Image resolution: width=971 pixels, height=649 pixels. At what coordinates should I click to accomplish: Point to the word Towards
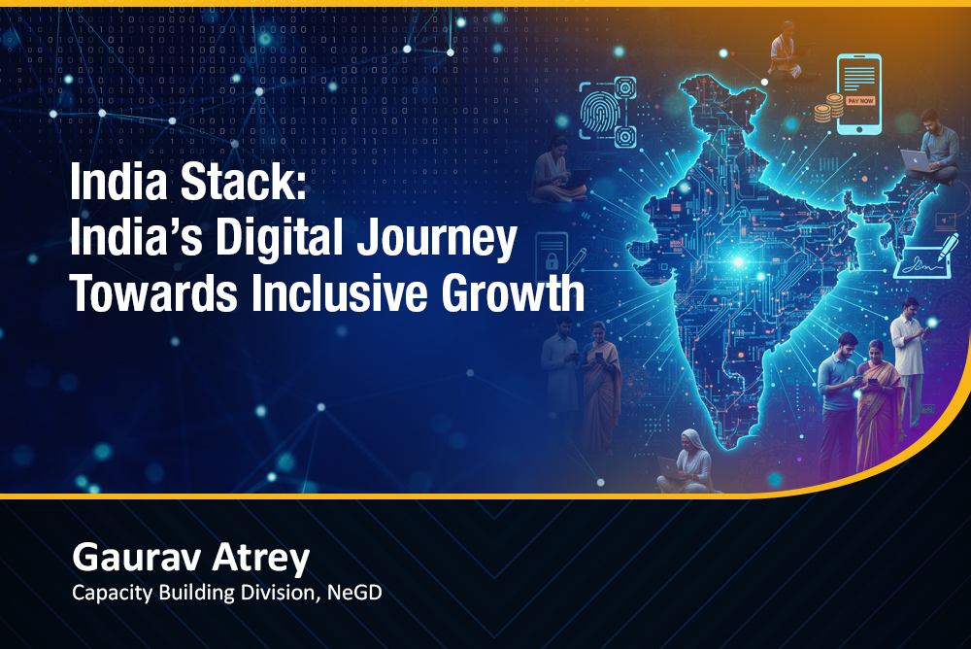point(153,293)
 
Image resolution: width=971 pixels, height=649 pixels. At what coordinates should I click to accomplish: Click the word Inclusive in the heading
point(339,293)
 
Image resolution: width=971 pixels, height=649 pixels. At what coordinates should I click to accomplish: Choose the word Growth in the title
point(513,293)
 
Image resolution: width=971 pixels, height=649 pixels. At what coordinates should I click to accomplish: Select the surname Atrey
point(260,558)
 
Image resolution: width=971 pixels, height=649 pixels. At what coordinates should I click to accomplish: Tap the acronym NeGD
point(354,593)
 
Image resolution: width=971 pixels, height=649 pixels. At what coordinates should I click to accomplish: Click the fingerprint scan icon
point(608,112)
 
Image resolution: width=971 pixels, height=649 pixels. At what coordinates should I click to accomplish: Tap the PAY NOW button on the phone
point(860,100)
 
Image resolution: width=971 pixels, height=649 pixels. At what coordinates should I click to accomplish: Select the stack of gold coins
point(828,108)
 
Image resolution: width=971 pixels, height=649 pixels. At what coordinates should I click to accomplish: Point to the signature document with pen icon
point(925,257)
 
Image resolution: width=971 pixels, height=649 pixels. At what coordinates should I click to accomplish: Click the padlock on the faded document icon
point(551,261)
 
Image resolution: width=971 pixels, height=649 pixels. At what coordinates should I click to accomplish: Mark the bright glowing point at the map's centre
point(738,262)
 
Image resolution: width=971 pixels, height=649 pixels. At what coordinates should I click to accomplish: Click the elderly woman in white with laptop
point(687,461)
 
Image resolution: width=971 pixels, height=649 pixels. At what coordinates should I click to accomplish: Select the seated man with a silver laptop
point(932,149)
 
